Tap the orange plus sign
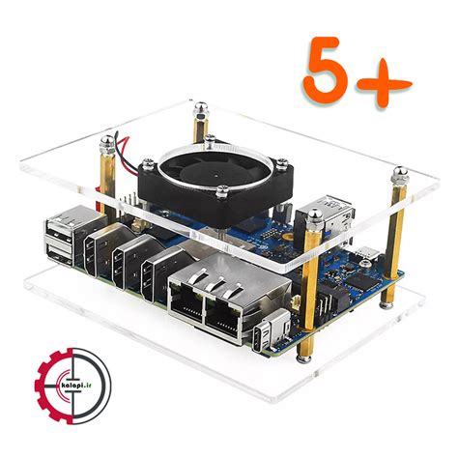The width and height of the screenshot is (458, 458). (385, 84)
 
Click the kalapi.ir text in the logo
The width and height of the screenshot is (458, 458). (75, 385)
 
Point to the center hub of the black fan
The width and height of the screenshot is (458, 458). (215, 176)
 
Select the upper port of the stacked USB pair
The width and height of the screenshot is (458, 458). (60, 231)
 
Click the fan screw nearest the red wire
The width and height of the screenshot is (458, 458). (148, 164)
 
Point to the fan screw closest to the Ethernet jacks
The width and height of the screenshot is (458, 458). (222, 191)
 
